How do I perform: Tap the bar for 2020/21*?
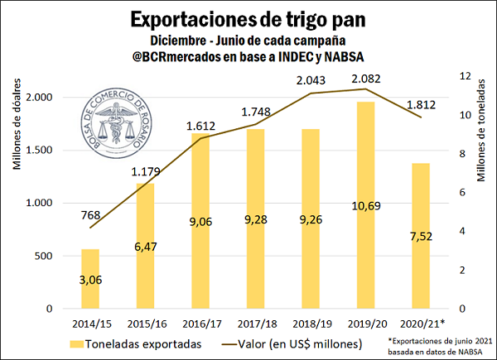[421, 236]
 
